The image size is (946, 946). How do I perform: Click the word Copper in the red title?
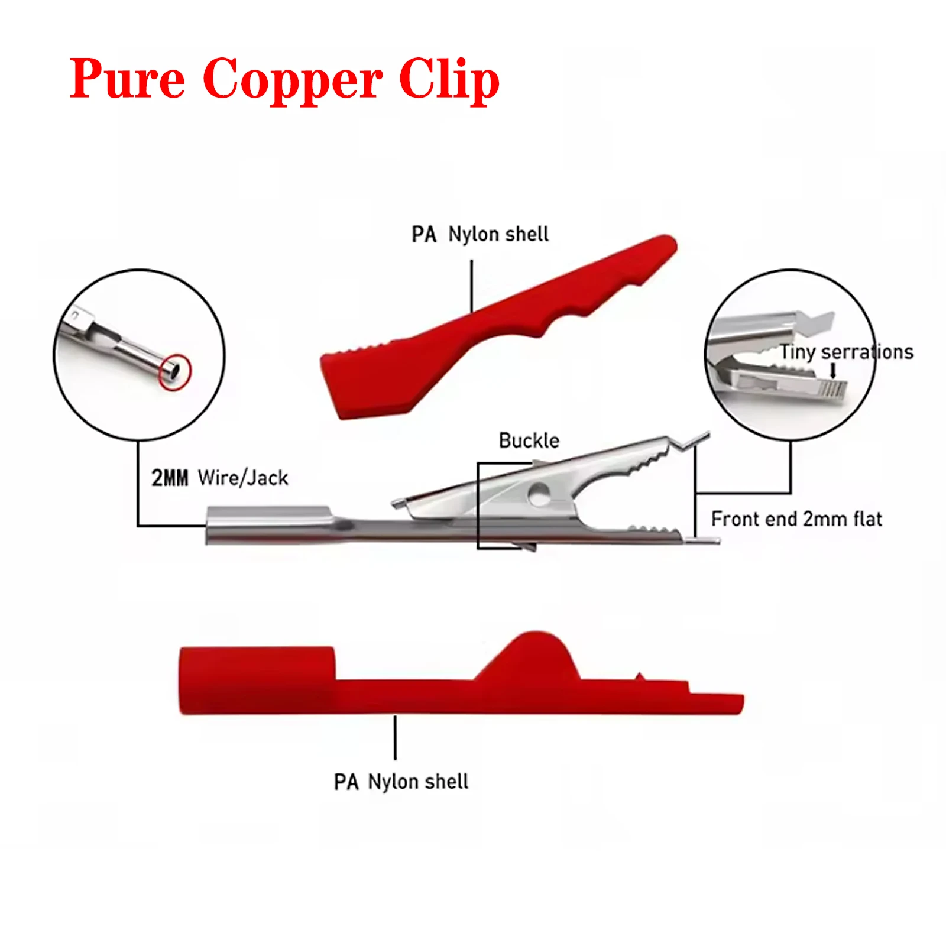click(x=292, y=80)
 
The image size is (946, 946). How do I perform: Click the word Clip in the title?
click(x=449, y=80)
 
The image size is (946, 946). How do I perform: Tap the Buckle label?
click(x=529, y=440)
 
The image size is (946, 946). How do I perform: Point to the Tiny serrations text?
click(x=846, y=352)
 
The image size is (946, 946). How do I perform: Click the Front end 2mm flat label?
click(x=796, y=519)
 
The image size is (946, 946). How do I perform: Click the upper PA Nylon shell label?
click(x=480, y=234)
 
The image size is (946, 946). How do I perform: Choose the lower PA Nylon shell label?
click(x=401, y=782)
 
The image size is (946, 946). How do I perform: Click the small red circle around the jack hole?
click(x=175, y=371)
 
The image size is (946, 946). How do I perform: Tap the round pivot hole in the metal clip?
click(x=539, y=494)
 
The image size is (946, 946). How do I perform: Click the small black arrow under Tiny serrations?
click(x=833, y=371)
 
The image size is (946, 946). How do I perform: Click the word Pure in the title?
click(x=127, y=80)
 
